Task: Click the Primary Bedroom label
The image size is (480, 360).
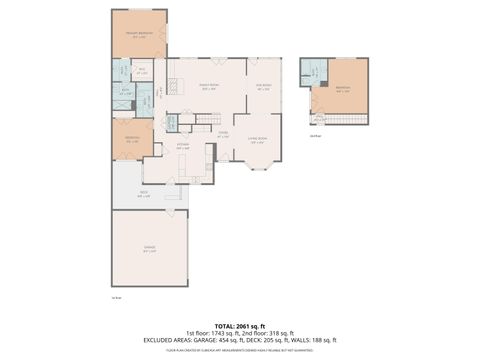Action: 138,35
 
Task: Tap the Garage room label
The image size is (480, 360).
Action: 149,251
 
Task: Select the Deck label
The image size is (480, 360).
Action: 144,195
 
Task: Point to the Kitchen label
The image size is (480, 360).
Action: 183,146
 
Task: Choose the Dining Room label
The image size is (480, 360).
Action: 209,87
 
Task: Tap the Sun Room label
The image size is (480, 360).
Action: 264,87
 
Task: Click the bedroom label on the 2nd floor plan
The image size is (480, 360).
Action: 343,88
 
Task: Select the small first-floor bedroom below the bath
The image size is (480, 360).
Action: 132,139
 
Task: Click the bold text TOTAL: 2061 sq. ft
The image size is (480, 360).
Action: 239,326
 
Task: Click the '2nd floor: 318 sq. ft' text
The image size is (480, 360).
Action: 270,333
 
